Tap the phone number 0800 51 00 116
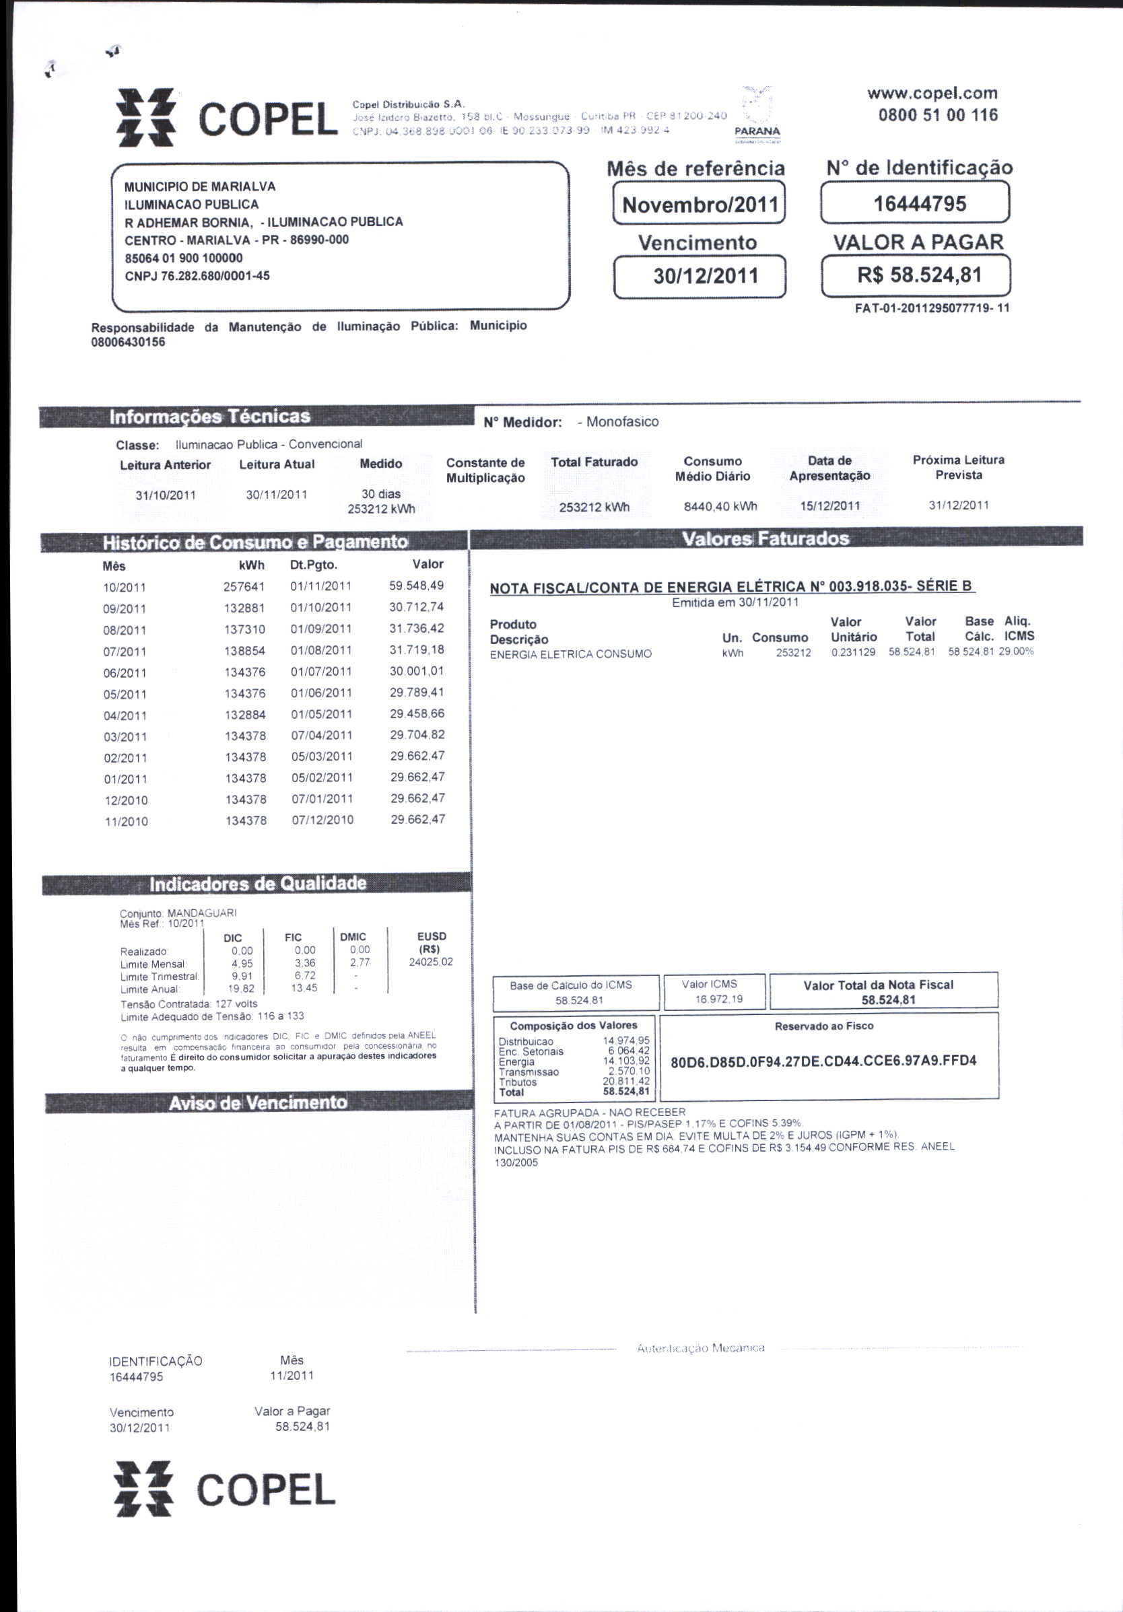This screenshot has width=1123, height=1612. (x=938, y=115)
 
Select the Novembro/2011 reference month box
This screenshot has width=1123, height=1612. (x=700, y=205)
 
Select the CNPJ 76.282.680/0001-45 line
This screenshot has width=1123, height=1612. (x=197, y=276)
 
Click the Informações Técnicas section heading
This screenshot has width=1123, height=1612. (x=209, y=417)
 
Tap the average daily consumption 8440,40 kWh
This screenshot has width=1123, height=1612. (x=720, y=506)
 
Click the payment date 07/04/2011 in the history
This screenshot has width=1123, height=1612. (x=322, y=735)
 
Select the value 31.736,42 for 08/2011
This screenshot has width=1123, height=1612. (x=417, y=629)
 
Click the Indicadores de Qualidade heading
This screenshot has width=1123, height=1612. (x=258, y=883)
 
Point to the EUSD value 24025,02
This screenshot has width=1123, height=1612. (x=430, y=962)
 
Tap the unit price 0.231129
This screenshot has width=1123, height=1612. (x=852, y=652)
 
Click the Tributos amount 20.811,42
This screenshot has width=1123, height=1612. (x=625, y=1081)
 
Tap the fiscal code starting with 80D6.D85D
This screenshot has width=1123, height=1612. (x=823, y=1061)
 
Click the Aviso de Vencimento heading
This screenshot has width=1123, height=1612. (x=258, y=1102)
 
